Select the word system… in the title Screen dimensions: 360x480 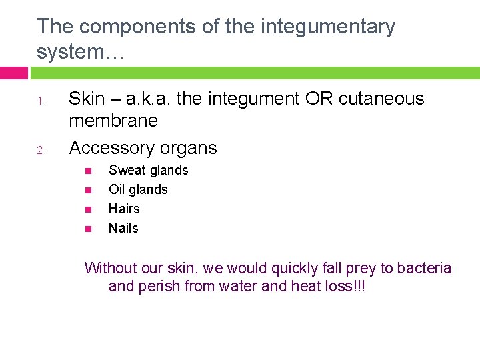[x=80, y=51]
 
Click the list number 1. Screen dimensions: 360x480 [x=40, y=102]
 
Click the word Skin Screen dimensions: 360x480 [x=87, y=99]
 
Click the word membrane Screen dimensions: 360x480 [x=113, y=121]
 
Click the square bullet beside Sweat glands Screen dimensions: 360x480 [x=88, y=171]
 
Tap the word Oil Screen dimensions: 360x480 [x=117, y=189]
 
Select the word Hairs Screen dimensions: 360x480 [x=124, y=209]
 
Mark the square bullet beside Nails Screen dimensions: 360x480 [x=88, y=229]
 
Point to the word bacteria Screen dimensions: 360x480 [x=424, y=268]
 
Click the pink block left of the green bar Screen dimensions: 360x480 [x=13, y=73]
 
